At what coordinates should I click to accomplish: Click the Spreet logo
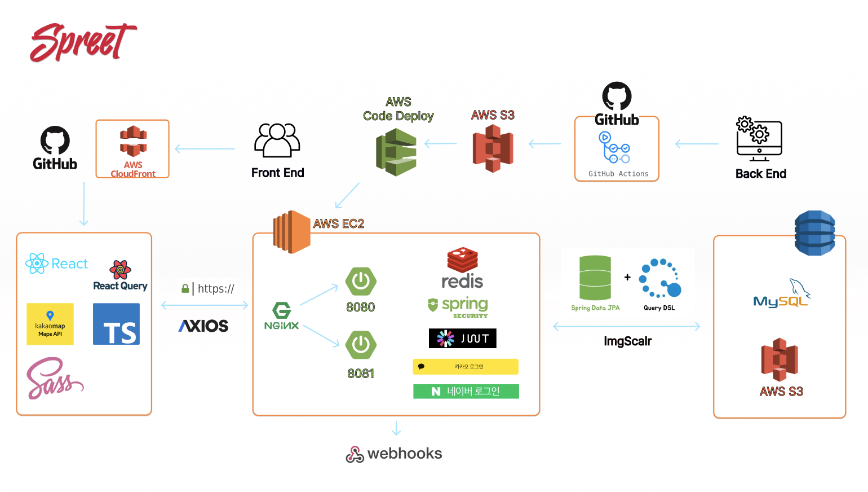(x=83, y=42)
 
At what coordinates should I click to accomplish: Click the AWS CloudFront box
(x=132, y=149)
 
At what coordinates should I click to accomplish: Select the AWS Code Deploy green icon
(x=396, y=152)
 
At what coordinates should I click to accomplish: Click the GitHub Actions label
(x=618, y=174)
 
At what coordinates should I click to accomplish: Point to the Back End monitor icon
(x=759, y=139)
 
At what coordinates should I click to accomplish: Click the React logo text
(x=69, y=263)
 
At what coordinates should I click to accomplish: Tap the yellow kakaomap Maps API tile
(x=50, y=324)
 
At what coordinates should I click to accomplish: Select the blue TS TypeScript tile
(x=116, y=324)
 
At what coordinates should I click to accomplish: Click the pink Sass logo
(x=54, y=379)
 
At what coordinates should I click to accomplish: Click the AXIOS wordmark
(x=203, y=326)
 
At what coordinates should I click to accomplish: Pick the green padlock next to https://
(x=185, y=288)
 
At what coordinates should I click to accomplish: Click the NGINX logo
(x=281, y=316)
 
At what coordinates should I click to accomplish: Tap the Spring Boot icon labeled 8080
(x=361, y=281)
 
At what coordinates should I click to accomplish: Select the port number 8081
(x=361, y=374)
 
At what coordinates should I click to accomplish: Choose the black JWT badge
(x=462, y=338)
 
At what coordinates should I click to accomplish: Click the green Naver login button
(x=466, y=391)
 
